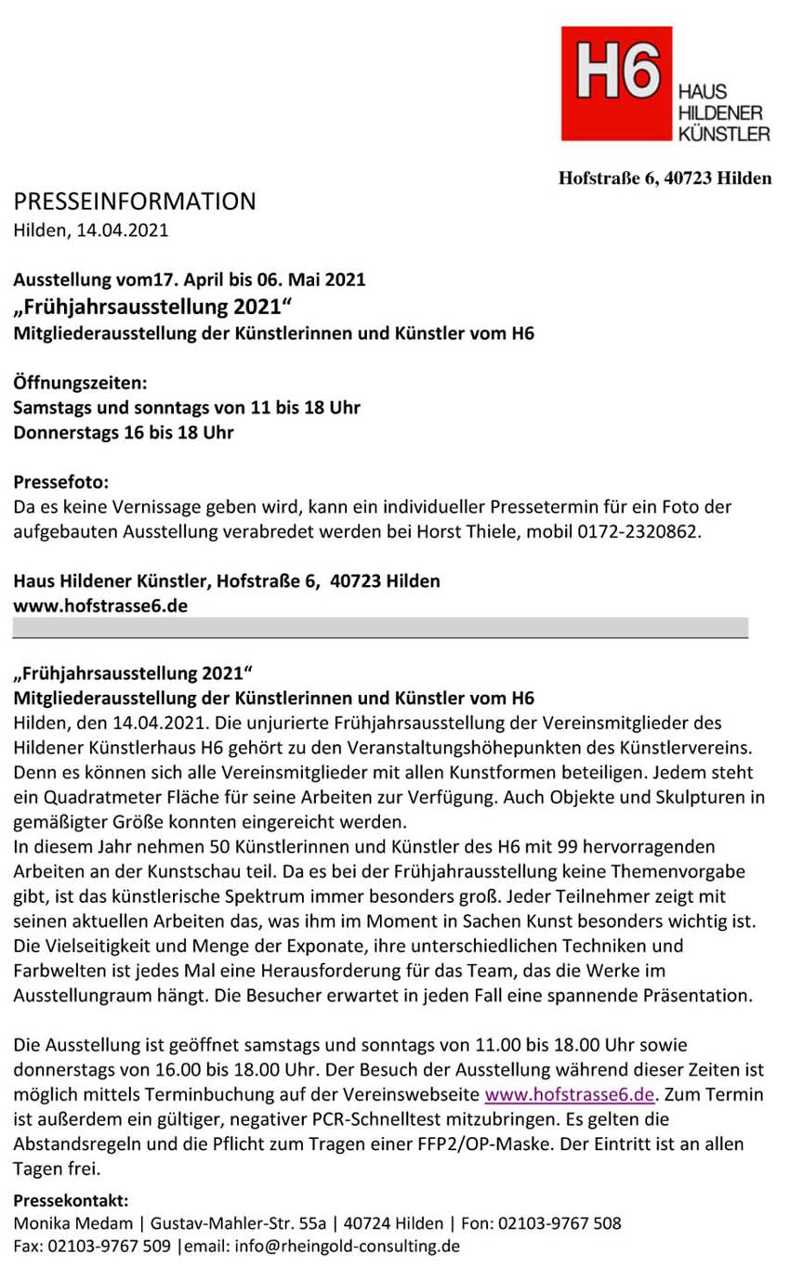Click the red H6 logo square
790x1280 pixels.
tap(616, 84)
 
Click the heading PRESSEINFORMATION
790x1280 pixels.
tap(134, 202)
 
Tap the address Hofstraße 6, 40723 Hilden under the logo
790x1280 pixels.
tap(664, 178)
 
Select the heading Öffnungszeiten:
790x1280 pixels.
tap(80, 383)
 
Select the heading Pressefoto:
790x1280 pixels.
tap(61, 483)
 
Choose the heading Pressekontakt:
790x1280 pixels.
tap(72, 1199)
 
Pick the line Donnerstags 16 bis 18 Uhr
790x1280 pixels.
tap(123, 433)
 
